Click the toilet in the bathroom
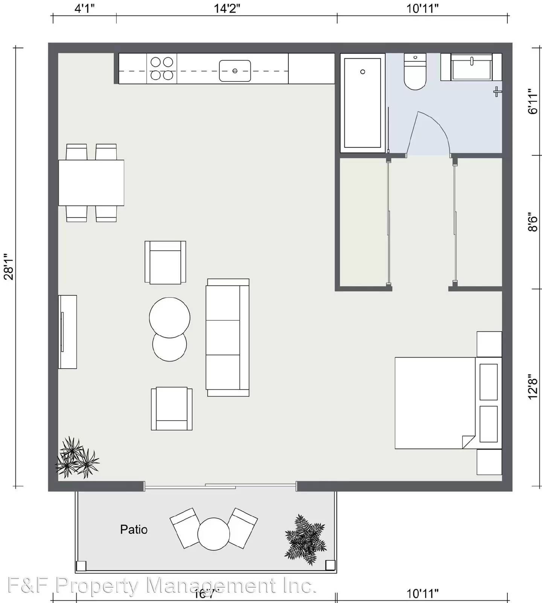coord(415,73)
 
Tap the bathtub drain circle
coord(362,72)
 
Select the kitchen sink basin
coord(235,71)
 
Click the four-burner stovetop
coord(162,69)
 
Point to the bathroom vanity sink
coord(472,68)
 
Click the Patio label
coord(134,530)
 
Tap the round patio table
coord(213,534)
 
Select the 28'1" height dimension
coord(9,267)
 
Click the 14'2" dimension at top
coord(227,8)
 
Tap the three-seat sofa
coord(227,337)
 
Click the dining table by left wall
coord(91,183)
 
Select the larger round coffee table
coord(169,317)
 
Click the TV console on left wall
coord(68,332)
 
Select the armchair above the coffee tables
coord(165,262)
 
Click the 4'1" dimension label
coord(84,8)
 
